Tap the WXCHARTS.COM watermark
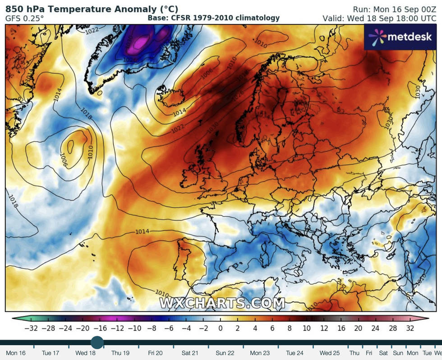[222, 303]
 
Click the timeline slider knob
[97, 342]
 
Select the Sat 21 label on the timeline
[190, 353]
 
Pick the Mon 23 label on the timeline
[259, 353]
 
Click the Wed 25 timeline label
[330, 353]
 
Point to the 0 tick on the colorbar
[221, 328]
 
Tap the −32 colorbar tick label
[30, 328]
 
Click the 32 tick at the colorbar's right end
[410, 328]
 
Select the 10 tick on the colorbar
[307, 328]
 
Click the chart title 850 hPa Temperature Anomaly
[92, 9]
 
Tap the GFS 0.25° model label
[24, 18]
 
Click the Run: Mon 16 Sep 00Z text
[394, 9]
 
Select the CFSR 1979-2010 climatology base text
[214, 18]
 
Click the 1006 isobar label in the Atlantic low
[64, 159]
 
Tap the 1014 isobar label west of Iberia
[142, 232]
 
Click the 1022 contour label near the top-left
[92, 31]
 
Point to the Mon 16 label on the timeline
[16, 353]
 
